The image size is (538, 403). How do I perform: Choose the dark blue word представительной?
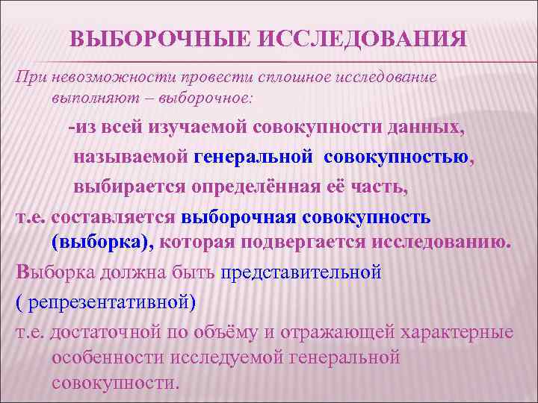pyautogui.click(x=300, y=272)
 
